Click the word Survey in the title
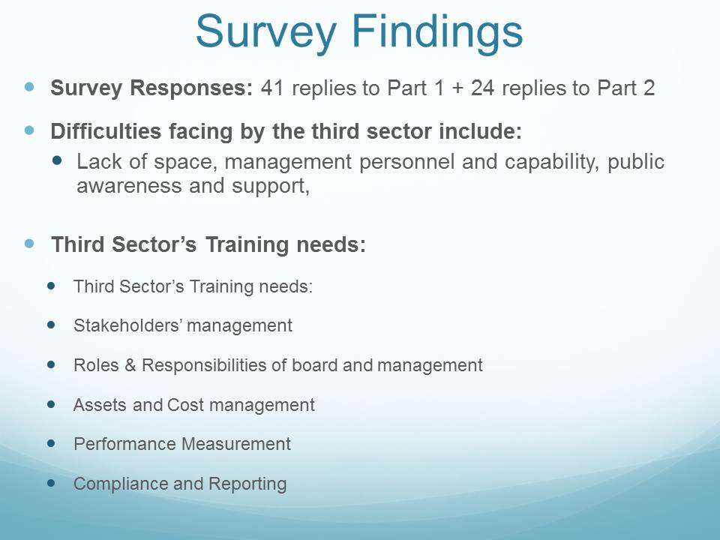(265, 32)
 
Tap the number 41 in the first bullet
(272, 87)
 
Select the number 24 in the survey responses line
(482, 87)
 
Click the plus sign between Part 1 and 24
(457, 88)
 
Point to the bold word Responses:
(191, 88)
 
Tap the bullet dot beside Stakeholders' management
(51, 325)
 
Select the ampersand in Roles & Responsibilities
(130, 365)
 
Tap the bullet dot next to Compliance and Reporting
(51, 483)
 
